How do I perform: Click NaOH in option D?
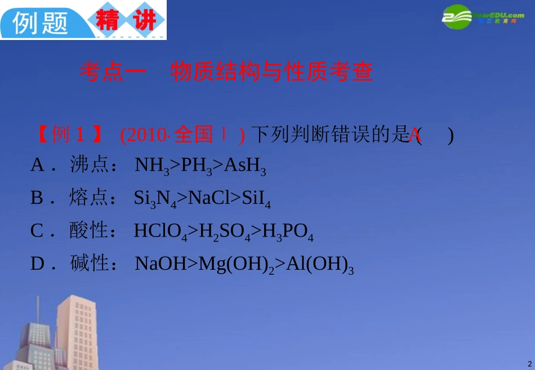click(159, 264)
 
